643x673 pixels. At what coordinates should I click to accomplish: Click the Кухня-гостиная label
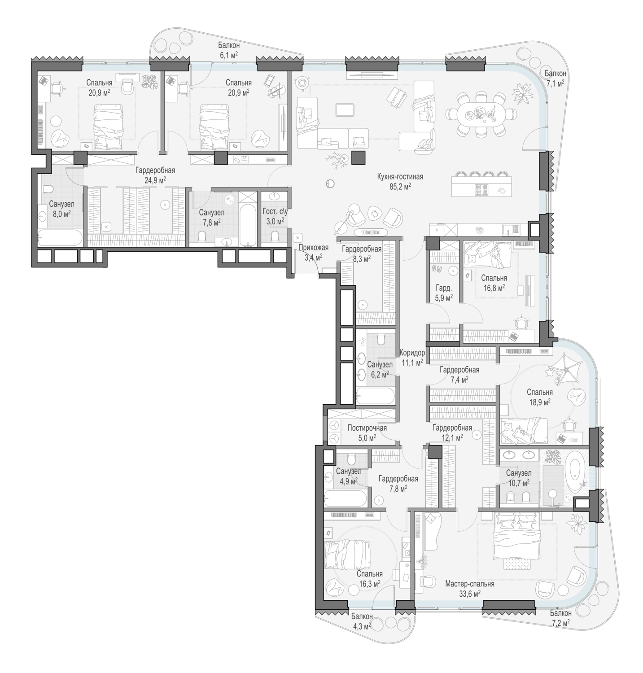pyautogui.click(x=400, y=177)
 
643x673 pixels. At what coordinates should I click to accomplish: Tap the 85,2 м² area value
pyautogui.click(x=400, y=186)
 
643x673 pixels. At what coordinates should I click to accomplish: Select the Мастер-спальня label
pyautogui.click(x=470, y=584)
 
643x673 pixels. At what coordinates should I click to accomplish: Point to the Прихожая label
pyautogui.click(x=313, y=248)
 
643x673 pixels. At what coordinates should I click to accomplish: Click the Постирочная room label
pyautogui.click(x=367, y=428)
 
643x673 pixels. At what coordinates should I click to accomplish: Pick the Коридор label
pyautogui.click(x=412, y=353)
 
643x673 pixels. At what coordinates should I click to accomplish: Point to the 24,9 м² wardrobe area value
pyautogui.click(x=155, y=180)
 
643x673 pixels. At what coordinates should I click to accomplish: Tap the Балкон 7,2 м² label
pyautogui.click(x=561, y=617)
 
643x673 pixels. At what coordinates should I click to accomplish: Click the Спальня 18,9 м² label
pyautogui.click(x=539, y=397)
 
